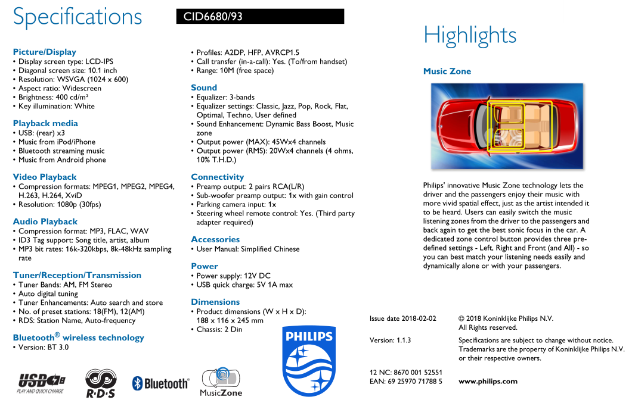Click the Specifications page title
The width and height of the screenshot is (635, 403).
click(78, 17)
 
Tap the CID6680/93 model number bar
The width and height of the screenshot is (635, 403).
click(260, 17)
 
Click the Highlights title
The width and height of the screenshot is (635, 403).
click(470, 36)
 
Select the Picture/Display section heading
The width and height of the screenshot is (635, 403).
click(45, 52)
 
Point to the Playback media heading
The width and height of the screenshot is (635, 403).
click(45, 123)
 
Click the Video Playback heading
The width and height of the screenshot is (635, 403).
click(45, 177)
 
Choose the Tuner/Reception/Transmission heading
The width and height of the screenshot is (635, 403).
click(77, 275)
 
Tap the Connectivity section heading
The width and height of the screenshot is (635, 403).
click(217, 177)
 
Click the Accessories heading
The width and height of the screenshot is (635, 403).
click(215, 239)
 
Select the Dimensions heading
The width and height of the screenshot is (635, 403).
click(215, 302)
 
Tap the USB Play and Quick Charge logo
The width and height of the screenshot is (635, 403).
click(41, 383)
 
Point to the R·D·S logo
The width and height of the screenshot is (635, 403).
click(100, 383)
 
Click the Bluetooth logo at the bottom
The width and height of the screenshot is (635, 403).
click(160, 383)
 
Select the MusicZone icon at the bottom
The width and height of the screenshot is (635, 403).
click(221, 382)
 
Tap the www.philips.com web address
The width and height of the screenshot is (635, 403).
click(488, 382)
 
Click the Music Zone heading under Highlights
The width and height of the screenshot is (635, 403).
click(447, 71)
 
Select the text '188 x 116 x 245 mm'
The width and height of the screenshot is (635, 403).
click(230, 320)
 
